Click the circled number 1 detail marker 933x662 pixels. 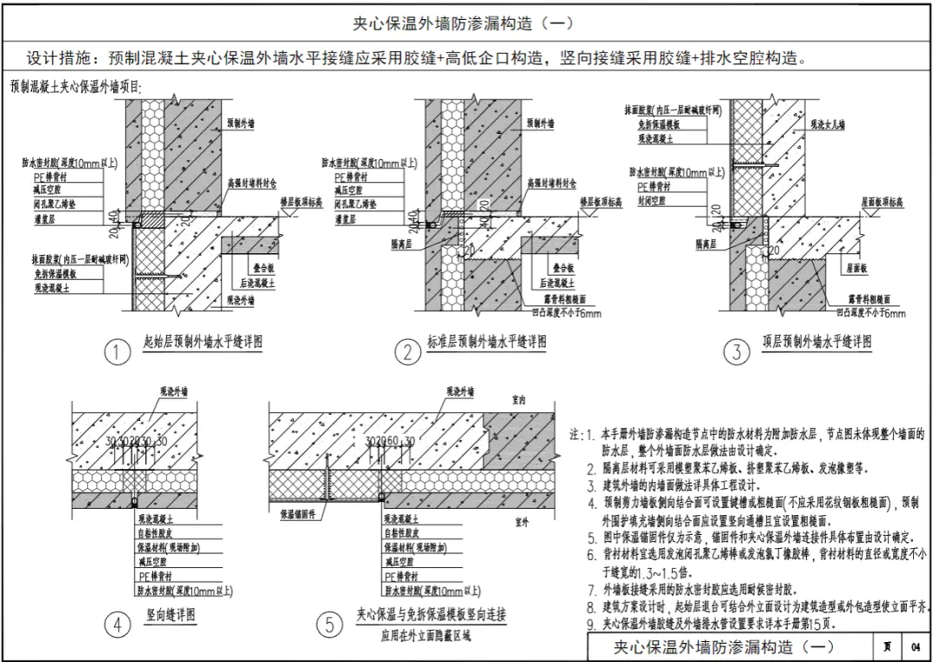click(116, 352)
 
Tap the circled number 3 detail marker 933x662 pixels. click(736, 352)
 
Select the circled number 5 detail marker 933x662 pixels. click(327, 624)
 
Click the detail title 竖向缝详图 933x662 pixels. click(171, 615)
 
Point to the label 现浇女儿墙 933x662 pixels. click(828, 125)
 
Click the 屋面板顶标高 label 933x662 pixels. click(882, 202)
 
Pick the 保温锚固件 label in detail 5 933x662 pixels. click(297, 513)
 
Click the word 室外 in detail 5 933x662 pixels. click(521, 522)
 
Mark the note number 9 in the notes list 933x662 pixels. click(590, 625)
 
